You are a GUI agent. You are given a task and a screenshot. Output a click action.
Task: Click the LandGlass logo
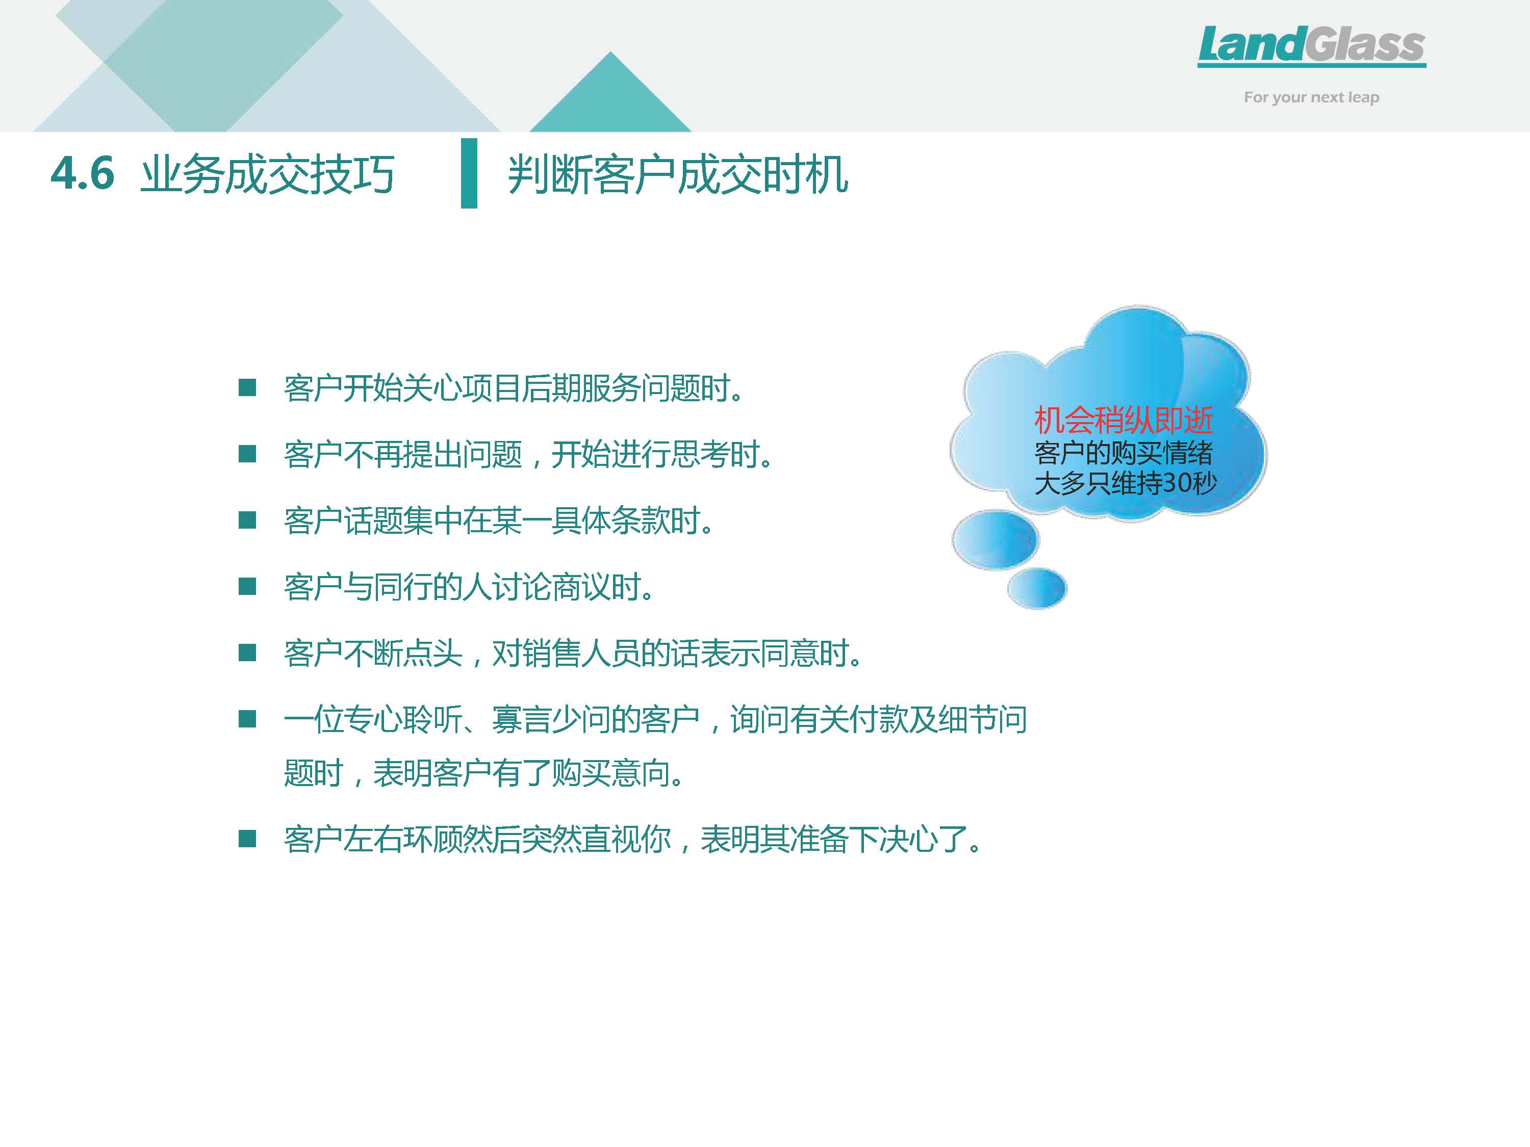coord(1311,46)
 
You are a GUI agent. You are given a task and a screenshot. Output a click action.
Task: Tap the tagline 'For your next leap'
coord(1311,97)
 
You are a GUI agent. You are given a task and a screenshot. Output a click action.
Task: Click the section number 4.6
coord(82,173)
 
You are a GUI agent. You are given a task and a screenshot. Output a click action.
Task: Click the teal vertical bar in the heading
coord(469,173)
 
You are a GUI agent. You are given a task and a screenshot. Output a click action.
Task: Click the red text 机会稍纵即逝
coord(1124,420)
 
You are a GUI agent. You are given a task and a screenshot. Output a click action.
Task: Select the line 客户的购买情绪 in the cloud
coord(1124,453)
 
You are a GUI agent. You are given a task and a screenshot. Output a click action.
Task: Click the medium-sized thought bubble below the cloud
coord(996,539)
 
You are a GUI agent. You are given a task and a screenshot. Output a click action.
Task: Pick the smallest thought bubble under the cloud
coord(1037,588)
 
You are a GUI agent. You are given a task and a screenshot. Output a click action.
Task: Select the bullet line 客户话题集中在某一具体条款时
coord(499,520)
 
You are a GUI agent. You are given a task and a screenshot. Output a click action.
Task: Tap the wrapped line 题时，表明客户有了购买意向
coord(484,772)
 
